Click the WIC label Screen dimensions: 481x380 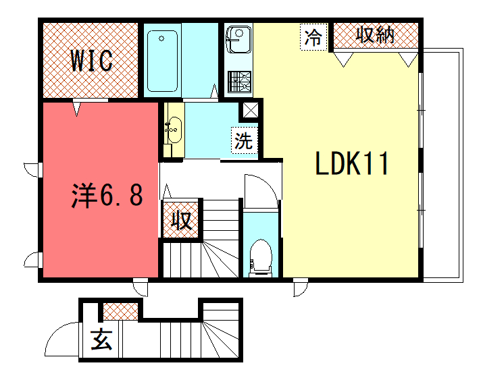coord(91,60)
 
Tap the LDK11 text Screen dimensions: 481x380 coord(352,163)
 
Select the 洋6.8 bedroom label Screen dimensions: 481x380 coord(107,195)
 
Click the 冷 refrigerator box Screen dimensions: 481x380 coord(313,37)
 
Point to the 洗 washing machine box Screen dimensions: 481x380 coord(244,140)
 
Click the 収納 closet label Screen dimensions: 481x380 coord(375,34)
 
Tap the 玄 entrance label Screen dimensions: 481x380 coord(101,340)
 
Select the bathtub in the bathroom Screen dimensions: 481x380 coord(162,61)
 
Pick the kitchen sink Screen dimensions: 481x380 coord(238,40)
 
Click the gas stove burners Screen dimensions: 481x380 coord(239,82)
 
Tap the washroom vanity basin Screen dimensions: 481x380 coord(174,130)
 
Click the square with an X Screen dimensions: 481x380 coord(251,110)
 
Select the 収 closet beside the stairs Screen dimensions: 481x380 coord(181,220)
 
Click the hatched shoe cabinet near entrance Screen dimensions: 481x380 coord(120,311)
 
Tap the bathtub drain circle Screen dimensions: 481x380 coord(161,38)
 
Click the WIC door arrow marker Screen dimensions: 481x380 coord(77,109)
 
